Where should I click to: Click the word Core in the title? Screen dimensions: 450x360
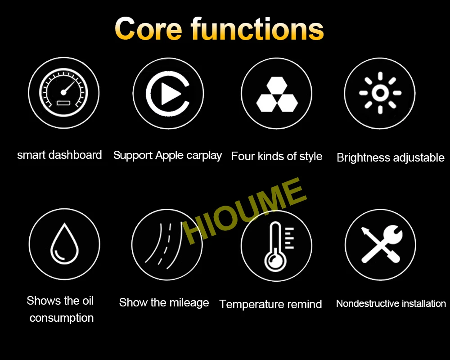point(148,29)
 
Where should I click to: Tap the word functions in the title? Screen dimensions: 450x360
point(257,28)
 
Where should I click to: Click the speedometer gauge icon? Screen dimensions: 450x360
point(64,92)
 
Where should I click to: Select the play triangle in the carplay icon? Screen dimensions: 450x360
point(171,94)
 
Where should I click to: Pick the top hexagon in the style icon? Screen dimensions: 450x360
point(277,85)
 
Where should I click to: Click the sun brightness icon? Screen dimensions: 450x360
point(380,93)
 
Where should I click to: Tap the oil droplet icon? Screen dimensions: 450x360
point(64,243)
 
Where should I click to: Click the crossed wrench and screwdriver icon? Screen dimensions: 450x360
point(382,244)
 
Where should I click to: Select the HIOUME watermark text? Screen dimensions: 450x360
point(244,211)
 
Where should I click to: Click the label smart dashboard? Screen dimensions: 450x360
point(59,155)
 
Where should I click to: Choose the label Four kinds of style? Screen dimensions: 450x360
point(277,157)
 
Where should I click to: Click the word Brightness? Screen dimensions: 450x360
point(363,157)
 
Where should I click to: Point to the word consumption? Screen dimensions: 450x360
point(61,318)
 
